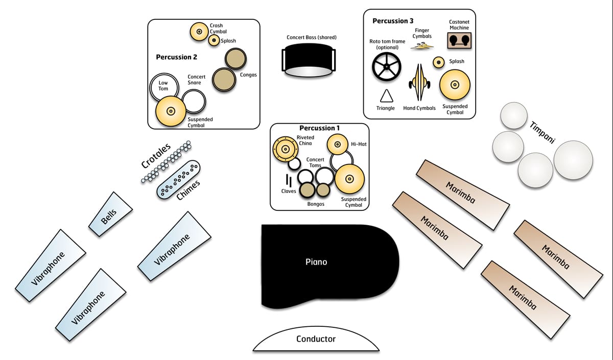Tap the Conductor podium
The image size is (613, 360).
316,339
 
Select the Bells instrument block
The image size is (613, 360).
110,214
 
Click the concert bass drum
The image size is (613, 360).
309,60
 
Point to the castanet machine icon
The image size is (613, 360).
459,40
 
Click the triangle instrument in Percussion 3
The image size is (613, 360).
386,96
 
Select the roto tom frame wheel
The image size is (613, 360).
386,67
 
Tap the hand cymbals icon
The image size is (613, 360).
419,82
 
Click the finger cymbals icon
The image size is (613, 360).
422,46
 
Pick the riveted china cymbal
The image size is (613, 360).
286,149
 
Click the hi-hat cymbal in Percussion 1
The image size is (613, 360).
338,144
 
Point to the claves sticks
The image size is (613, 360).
289,180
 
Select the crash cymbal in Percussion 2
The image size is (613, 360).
199,32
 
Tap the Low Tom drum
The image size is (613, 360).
164,87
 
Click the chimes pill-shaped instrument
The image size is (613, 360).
178,179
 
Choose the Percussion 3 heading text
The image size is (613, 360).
393,21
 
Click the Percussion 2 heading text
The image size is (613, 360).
177,57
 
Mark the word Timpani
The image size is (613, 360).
542,133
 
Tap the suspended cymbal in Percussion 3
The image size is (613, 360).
455,85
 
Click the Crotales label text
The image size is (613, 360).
156,155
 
